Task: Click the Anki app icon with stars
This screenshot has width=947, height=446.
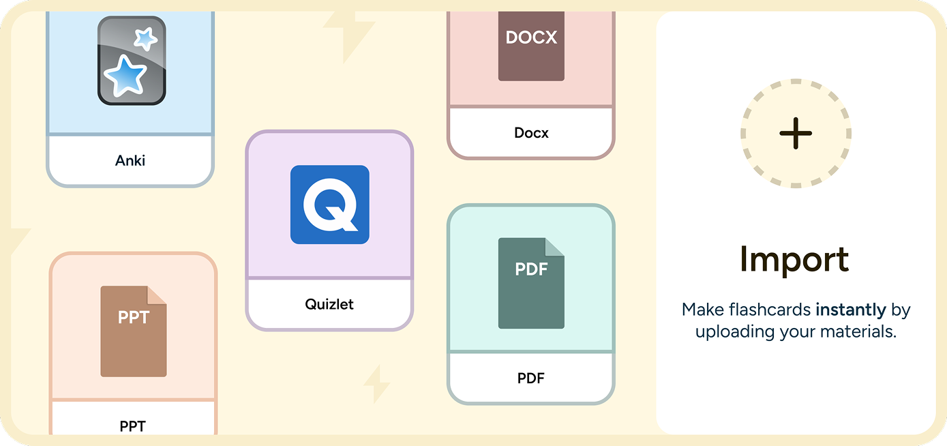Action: pos(132,61)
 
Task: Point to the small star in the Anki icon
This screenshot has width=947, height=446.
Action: pos(145,38)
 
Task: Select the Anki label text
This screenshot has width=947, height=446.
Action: pos(130,161)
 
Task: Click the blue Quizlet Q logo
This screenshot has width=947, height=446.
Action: pos(330,205)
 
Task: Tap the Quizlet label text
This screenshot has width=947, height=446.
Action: pos(329,304)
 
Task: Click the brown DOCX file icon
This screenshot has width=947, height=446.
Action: pos(531,46)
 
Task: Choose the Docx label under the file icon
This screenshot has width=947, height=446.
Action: pos(531,133)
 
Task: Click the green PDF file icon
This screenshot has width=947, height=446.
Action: pos(531,283)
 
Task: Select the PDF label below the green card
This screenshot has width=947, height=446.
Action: pos(531,378)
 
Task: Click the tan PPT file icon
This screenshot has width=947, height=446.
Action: pos(133,331)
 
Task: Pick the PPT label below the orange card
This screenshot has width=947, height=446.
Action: pos(133,426)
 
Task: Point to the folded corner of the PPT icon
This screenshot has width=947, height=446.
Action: pos(157,295)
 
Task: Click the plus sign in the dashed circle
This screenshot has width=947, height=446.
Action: pos(796,133)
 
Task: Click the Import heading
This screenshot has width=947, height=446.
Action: pos(794,259)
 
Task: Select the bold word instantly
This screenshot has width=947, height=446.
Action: pos(851,310)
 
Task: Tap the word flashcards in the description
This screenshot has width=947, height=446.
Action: pos(770,310)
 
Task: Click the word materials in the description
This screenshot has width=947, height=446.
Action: pos(858,332)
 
